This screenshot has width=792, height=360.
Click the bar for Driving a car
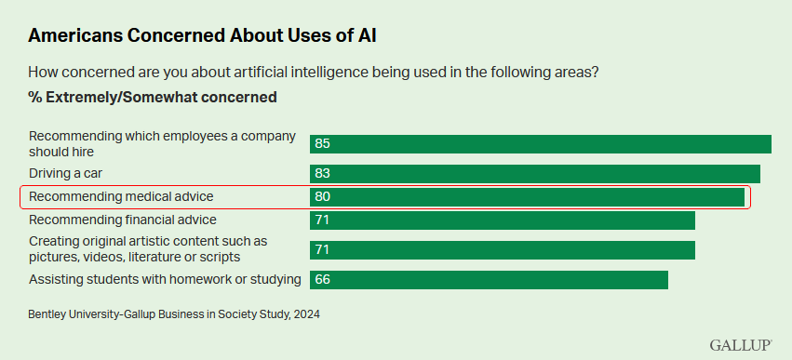coord(535,174)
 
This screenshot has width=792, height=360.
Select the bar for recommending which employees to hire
coord(541,143)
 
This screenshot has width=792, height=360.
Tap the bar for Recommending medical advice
coord(527,197)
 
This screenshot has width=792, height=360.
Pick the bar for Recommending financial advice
coord(503,220)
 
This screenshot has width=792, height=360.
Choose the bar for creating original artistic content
coord(503,250)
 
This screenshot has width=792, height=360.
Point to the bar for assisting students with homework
coord(489,280)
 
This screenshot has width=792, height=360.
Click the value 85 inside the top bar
coord(323,144)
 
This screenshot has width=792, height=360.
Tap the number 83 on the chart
coord(323,174)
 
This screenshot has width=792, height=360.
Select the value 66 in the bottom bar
coord(323,280)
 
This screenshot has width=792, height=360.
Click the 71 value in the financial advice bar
coord(323,220)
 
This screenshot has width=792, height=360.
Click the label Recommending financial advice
coord(122,220)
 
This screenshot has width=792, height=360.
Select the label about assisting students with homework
coord(165,279)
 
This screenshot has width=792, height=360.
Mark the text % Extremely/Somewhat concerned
coord(153,97)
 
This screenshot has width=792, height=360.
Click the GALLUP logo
coord(741,345)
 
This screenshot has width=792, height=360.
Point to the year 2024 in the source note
coord(304,314)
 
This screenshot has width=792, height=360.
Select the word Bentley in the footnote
coord(49,314)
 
